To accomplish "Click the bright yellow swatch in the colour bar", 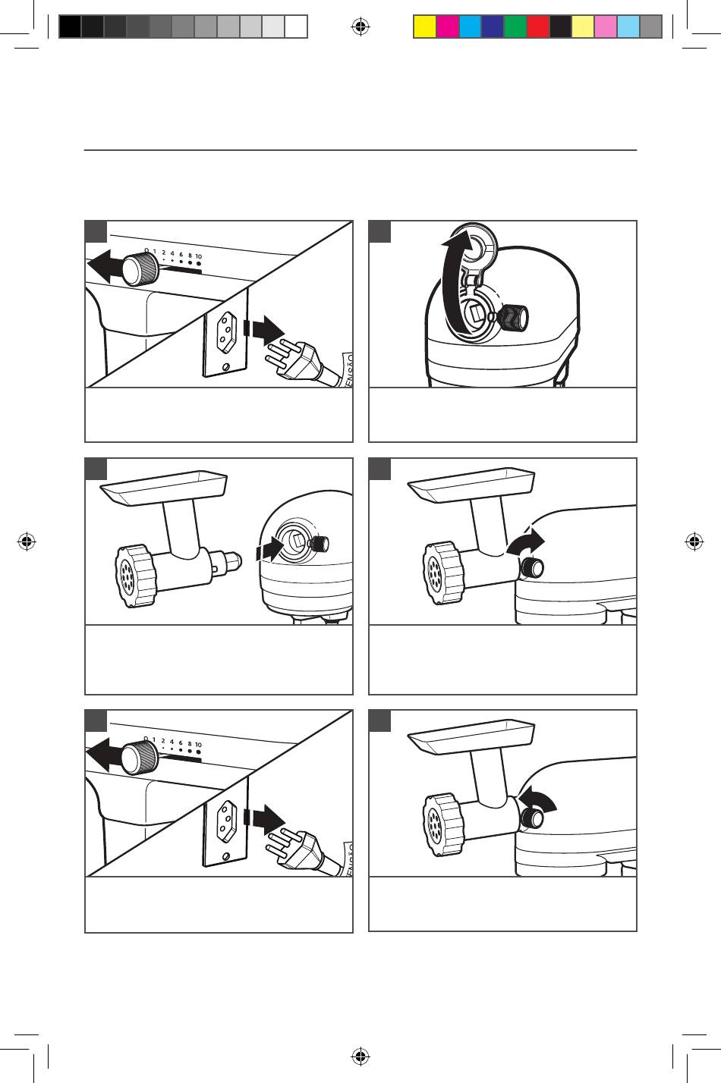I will (425, 27).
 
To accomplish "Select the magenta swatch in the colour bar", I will (448, 27).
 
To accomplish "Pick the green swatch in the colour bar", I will (516, 27).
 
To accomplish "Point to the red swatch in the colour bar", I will (539, 27).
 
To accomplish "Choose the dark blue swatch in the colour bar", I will (493, 27).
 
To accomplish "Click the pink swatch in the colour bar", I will (606, 27).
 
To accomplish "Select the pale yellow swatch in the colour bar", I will (584, 27).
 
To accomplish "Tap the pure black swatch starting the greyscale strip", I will (70, 27).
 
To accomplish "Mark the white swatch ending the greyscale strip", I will (296, 27).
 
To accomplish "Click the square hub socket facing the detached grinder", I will (299, 541).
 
